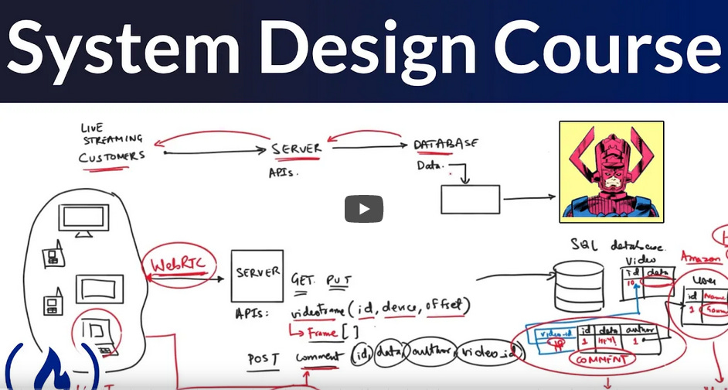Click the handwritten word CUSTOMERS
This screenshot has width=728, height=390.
(x=111, y=156)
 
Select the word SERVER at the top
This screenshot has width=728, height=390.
(x=297, y=148)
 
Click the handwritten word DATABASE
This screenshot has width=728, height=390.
(x=445, y=144)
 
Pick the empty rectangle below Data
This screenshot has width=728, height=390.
(x=470, y=200)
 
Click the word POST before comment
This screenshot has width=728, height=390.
(x=262, y=358)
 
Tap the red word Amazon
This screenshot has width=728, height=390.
(x=700, y=256)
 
